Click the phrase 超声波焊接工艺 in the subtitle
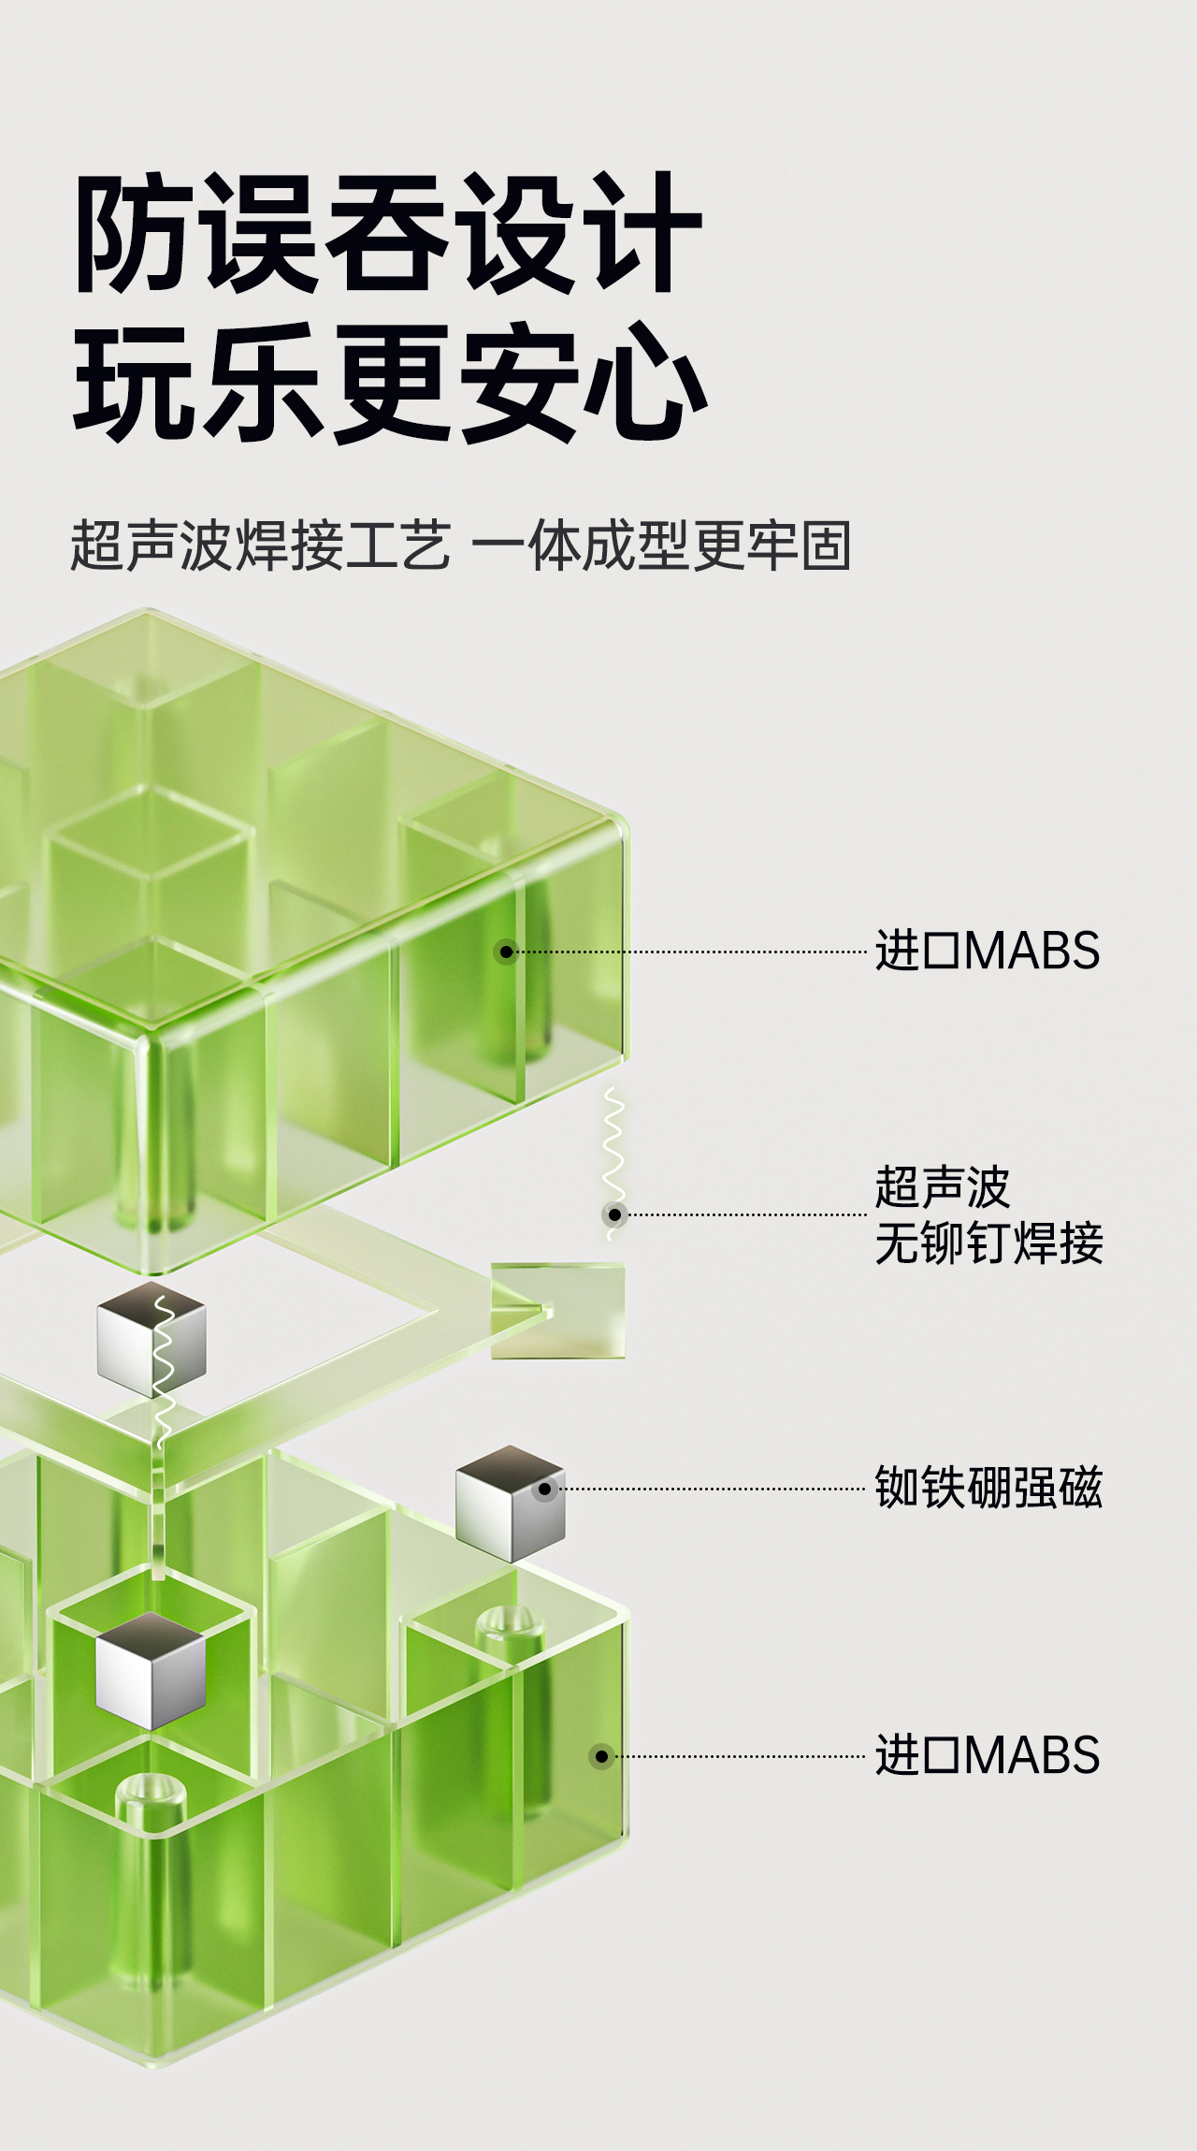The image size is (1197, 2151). tap(260, 545)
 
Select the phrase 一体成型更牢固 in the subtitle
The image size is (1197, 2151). tap(661, 545)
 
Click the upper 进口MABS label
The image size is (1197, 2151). tap(987, 952)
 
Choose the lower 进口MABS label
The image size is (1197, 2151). tap(987, 1755)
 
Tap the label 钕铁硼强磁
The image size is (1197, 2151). tap(988, 1488)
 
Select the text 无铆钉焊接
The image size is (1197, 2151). tap(988, 1244)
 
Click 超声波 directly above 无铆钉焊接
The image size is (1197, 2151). tap(942, 1188)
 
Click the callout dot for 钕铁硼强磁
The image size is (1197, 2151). tap(544, 1489)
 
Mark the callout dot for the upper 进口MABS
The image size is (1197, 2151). tap(506, 952)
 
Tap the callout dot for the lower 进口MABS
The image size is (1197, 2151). tap(601, 1756)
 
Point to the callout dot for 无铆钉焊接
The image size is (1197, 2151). tap(614, 1214)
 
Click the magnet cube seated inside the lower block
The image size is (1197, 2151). tap(151, 1669)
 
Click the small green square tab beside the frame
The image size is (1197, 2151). tap(558, 1310)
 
